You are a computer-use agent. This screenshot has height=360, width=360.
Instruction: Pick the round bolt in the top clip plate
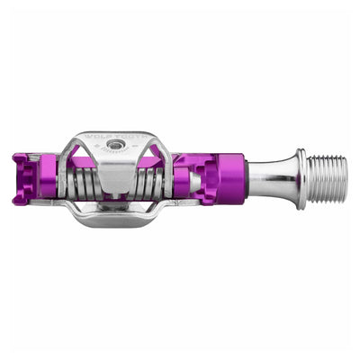pyautogui.click(x=115, y=144)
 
